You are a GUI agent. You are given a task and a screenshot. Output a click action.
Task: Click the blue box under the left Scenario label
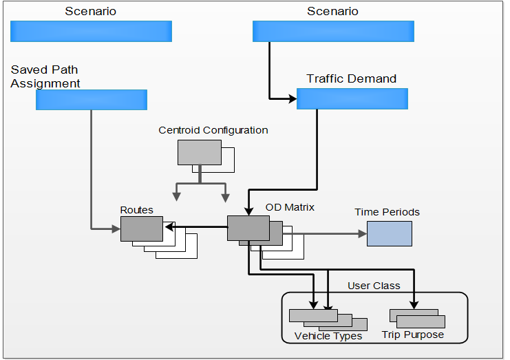91,31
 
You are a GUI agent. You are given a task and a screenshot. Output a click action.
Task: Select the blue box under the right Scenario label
333,31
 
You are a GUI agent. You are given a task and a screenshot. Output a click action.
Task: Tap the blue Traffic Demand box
352,98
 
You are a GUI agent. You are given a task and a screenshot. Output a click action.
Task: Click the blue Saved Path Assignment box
92,100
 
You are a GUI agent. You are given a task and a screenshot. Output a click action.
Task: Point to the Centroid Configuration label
213,130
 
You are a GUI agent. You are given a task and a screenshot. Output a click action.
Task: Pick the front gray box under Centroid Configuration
199,152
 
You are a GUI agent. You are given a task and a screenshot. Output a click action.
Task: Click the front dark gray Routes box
141,229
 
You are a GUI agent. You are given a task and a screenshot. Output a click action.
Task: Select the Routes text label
136,210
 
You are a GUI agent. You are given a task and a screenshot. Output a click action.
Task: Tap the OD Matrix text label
290,207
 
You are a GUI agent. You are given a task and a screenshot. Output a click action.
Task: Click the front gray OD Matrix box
248,228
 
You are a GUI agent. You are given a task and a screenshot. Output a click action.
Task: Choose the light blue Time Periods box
389,233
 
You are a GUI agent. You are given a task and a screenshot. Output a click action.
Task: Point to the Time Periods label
387,212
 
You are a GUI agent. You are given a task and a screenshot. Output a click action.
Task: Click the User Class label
374,286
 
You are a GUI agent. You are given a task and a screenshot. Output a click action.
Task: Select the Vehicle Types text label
328,337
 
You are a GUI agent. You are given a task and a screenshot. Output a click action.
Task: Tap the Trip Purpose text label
413,335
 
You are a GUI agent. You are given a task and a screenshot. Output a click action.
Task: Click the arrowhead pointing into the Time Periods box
363,233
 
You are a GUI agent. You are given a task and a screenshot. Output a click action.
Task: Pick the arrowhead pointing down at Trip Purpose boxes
414,304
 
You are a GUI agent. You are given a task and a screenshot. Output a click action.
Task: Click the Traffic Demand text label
351,78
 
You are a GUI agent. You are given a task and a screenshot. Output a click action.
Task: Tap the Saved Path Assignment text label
45,76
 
